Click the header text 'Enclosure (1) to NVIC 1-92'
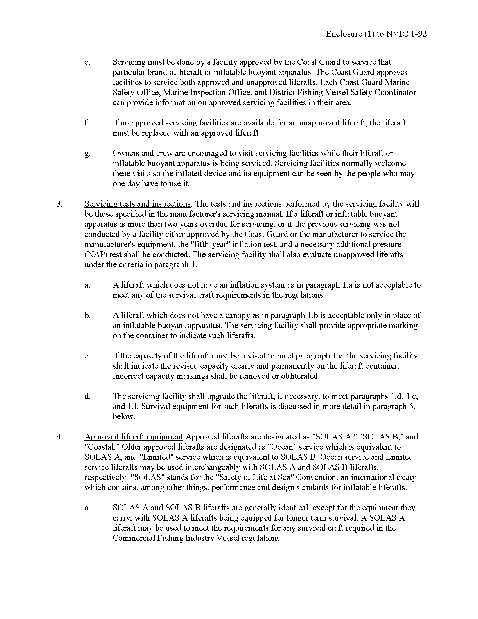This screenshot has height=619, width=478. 376,34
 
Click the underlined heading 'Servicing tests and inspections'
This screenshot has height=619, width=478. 137,204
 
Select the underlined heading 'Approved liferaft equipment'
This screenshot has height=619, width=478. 134,437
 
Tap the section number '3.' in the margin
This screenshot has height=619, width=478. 59,204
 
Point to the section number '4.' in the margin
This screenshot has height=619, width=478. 59,437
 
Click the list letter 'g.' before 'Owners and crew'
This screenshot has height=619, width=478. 87,154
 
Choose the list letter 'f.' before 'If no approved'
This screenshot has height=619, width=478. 87,123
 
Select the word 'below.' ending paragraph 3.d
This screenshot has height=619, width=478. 124,417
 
